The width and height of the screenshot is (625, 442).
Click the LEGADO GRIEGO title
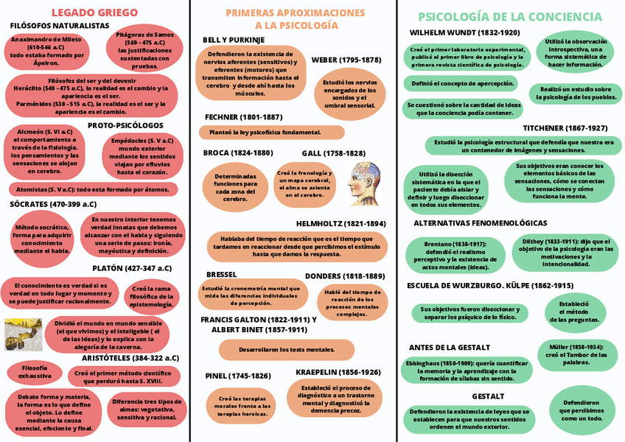pyautogui.click(x=94, y=13)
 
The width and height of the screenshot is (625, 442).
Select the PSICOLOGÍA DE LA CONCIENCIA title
pyautogui.click(x=510, y=16)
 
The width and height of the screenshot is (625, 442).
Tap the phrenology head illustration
pyautogui.click(x=365, y=183)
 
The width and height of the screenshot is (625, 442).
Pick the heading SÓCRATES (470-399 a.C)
pyautogui.click(x=53, y=204)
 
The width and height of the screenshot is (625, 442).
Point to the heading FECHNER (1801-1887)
pyautogui.click(x=243, y=117)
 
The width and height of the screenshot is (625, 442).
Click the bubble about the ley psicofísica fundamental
pyautogui.click(x=271, y=133)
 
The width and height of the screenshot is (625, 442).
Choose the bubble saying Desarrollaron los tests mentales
pyautogui.click(x=276, y=349)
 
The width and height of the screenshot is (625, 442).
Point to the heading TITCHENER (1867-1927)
pyautogui.click(x=565, y=127)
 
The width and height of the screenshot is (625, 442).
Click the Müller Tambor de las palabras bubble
pyautogui.click(x=576, y=354)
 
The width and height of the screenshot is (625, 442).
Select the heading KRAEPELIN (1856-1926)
pyautogui.click(x=338, y=372)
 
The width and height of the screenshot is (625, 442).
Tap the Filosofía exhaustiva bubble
pyautogui.click(x=35, y=371)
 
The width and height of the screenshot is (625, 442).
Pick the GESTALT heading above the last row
pyautogui.click(x=488, y=396)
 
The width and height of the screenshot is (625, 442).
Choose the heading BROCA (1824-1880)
pyautogui.click(x=237, y=152)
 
